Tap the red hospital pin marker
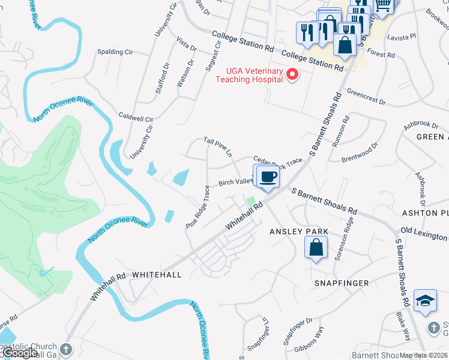point(293,75)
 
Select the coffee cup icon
point(268,177)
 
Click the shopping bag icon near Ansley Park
point(316,247)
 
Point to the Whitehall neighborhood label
point(156,274)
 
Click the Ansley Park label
point(299,232)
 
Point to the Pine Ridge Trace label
point(198,206)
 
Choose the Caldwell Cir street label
point(136,116)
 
